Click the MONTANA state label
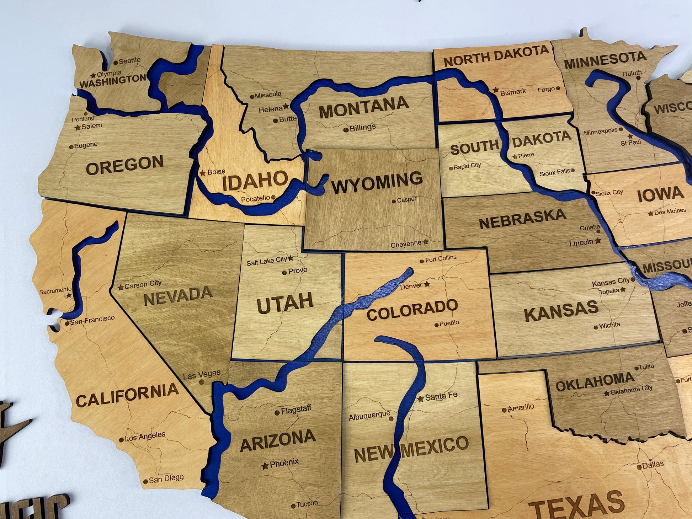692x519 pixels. coord(364,107)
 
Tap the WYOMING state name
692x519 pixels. coord(377,182)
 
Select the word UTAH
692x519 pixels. coord(285,303)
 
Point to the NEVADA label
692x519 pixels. coord(178,296)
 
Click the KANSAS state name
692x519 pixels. coord(561,311)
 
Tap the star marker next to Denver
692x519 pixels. coord(427,284)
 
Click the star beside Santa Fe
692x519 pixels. coord(420,398)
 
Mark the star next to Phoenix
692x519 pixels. coord(265,466)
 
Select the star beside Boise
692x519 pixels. coord(202,173)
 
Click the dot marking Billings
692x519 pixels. coord(346,130)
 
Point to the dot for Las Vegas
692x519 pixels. coord(202,382)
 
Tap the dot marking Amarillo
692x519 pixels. coord(504,410)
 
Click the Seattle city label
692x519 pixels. coord(129,61)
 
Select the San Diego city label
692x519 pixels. coord(166,478)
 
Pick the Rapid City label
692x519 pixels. coord(467,166)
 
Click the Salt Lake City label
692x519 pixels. coord(267,261)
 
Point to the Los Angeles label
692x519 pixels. coord(145,437)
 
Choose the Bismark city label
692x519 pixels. coord(513,92)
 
